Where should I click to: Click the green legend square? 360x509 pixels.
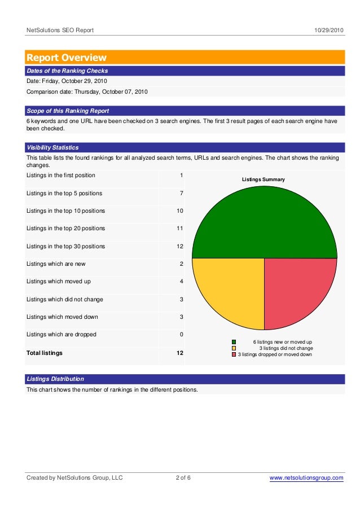point(234,342)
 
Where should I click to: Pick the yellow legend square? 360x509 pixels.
point(234,348)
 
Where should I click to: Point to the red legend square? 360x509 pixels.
point(234,354)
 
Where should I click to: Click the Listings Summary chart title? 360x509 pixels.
point(264,179)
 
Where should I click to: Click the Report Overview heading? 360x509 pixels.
point(67,58)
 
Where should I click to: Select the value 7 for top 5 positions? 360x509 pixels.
point(181,194)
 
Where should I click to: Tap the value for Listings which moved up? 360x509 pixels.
point(181,282)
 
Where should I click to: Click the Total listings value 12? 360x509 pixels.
point(179,353)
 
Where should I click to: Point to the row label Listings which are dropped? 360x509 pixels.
point(62,335)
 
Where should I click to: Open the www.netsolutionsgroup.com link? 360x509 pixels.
point(306,479)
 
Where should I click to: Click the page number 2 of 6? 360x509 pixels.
point(183,479)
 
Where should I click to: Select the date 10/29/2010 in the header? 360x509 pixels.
point(329,30)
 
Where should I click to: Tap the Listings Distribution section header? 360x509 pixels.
point(55,379)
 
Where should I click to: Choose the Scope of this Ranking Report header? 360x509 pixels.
point(68,111)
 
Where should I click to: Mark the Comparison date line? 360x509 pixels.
point(87,91)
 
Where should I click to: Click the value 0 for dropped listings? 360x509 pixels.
point(181,335)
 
